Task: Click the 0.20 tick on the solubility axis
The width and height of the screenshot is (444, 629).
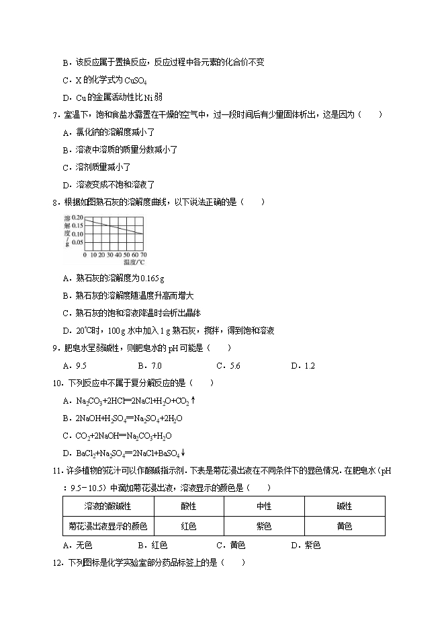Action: [x=77, y=219]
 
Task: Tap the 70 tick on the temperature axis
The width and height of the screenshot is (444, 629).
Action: [x=143, y=256]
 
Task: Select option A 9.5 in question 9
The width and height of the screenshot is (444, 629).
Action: [x=75, y=366]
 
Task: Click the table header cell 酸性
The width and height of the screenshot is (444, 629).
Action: [x=189, y=507]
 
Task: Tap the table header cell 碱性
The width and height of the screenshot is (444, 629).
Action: [x=344, y=507]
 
